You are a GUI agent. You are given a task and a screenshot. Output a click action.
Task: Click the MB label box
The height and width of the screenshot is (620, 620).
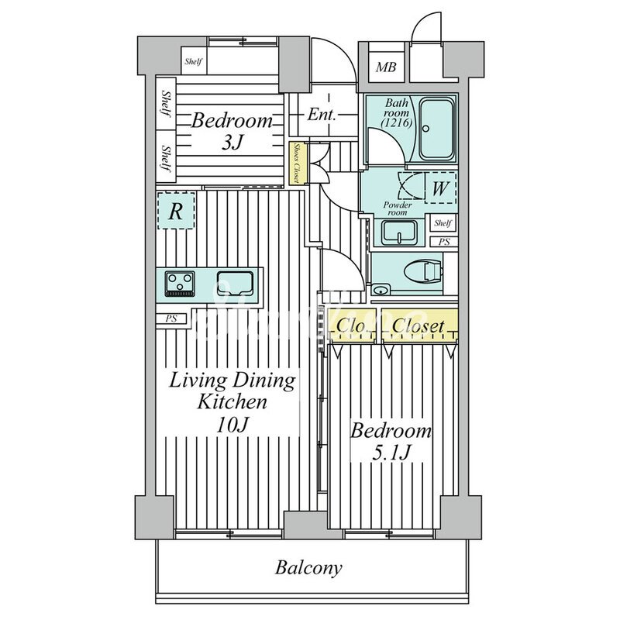point(385,68)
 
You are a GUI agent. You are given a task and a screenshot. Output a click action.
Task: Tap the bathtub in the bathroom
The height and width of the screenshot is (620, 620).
point(439,128)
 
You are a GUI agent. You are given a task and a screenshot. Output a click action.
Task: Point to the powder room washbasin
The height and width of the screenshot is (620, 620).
point(399,230)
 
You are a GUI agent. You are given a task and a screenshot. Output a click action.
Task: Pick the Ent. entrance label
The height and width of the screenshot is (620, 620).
point(321,115)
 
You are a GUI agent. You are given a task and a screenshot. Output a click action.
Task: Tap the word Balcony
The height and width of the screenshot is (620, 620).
point(308,568)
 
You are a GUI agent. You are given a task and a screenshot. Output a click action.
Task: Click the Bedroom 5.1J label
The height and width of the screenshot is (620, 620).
point(391,442)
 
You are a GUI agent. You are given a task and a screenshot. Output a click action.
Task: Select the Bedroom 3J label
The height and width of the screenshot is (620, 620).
point(232,132)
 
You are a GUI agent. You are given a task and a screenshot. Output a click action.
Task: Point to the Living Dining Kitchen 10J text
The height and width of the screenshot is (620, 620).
point(232,402)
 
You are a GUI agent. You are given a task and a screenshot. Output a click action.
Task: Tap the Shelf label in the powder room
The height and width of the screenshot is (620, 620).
point(443,223)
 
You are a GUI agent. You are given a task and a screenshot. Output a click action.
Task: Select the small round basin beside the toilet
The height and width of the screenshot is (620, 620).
point(380,291)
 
